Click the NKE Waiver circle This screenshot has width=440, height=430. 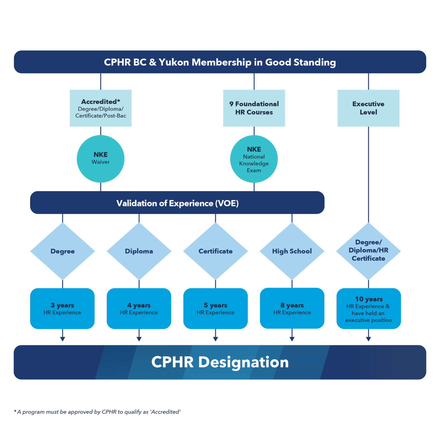pyautogui.click(x=101, y=159)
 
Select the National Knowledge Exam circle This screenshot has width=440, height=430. pyautogui.click(x=254, y=159)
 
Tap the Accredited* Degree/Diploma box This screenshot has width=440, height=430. pyautogui.click(x=101, y=108)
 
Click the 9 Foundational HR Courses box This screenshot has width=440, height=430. pyautogui.click(x=254, y=108)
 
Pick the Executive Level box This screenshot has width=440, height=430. pyautogui.click(x=368, y=108)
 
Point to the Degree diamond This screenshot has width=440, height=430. pyautogui.click(x=62, y=251)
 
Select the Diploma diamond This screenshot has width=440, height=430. pyautogui.click(x=139, y=251)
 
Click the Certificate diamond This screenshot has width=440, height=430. pyautogui.click(x=215, y=251)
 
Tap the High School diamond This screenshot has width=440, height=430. pyautogui.click(x=292, y=251)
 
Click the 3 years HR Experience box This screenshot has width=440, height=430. pyautogui.click(x=62, y=308)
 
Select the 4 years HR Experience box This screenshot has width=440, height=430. pyautogui.click(x=139, y=308)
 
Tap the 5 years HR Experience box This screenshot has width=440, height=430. pyautogui.click(x=215, y=308)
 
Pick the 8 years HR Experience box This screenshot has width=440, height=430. pyautogui.click(x=292, y=308)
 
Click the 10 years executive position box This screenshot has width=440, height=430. pyautogui.click(x=368, y=309)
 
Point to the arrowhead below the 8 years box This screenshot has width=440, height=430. pyautogui.click(x=292, y=339)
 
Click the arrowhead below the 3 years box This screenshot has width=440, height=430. pyautogui.click(x=62, y=339)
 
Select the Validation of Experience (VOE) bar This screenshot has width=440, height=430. pyautogui.click(x=177, y=203)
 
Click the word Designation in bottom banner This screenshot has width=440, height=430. pyautogui.click(x=243, y=362)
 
